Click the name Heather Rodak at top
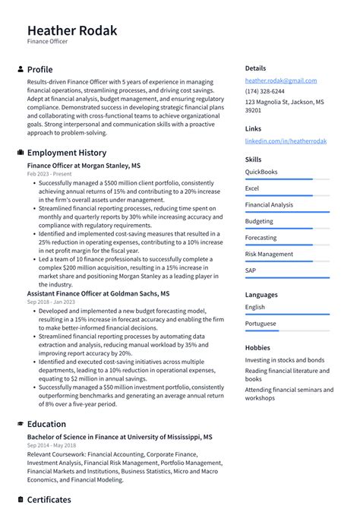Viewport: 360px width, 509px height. [72, 30]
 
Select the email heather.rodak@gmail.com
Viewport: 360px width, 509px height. [280, 81]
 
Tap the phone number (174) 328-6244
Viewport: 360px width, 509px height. [265, 91]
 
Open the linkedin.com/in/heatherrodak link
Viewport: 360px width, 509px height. [285, 141]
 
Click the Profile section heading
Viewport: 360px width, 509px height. [39, 69]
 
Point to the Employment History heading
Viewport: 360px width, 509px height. [67, 153]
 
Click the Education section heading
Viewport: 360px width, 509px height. [46, 424]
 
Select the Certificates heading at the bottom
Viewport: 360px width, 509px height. [49, 500]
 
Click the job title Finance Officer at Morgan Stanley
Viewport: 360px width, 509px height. [84, 165]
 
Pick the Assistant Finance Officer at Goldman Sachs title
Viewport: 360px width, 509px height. [98, 292]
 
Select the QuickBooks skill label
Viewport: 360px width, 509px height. [261, 172]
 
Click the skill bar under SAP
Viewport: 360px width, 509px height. [287, 278]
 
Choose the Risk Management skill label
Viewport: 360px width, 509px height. [269, 254]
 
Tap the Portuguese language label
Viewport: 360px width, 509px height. [261, 324]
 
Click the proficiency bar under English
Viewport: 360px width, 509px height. [287, 315]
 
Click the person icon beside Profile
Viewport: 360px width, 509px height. [21, 69]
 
